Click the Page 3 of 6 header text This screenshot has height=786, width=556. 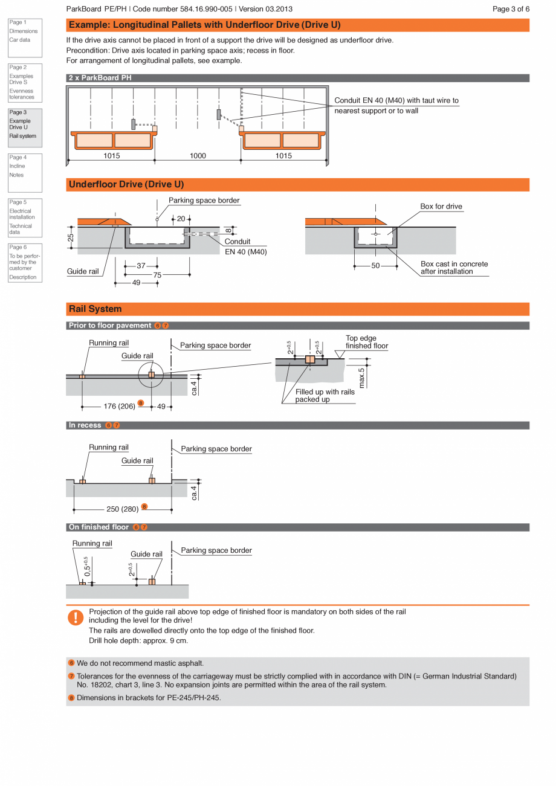point(511,9)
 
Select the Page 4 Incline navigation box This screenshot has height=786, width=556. point(25,172)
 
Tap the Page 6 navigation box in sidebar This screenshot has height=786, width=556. point(25,262)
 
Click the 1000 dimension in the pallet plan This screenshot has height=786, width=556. point(198,156)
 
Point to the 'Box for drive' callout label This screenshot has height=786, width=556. point(441,207)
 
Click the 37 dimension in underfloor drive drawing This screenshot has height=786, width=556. point(141,266)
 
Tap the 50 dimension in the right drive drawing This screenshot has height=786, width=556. point(375,266)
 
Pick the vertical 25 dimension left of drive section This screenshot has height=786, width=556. point(71,237)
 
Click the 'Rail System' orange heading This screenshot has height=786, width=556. point(95,309)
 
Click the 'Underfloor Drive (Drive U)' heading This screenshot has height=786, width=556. point(126,184)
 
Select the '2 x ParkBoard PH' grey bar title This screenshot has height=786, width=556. point(100,78)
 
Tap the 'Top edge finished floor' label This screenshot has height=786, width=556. point(366,342)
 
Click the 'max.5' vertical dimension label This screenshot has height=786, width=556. point(361,378)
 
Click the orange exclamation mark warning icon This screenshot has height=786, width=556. point(75,617)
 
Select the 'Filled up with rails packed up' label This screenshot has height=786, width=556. point(325,396)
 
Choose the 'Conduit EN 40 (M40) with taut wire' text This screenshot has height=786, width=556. point(396,100)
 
